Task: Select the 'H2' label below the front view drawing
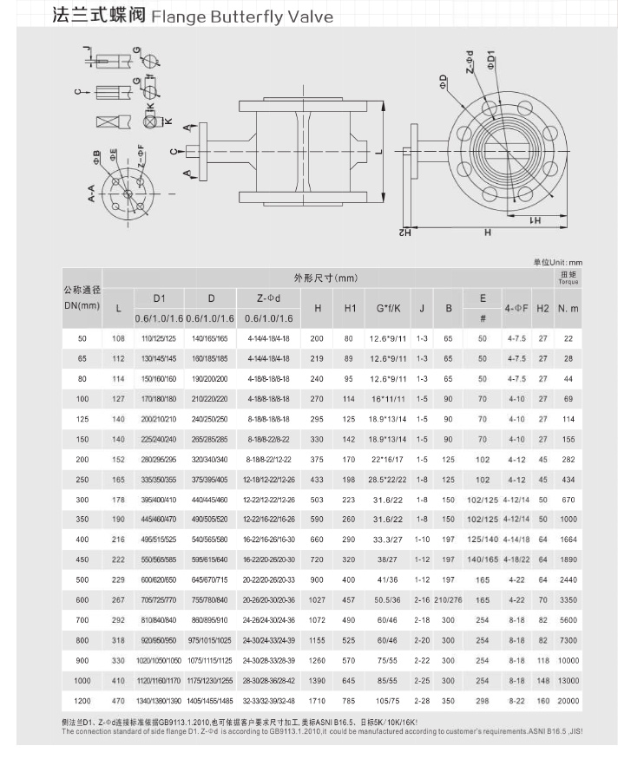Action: point(404,232)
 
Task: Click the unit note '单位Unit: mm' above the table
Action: point(558,261)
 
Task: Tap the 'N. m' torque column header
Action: point(568,308)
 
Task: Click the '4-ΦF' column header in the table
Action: point(517,308)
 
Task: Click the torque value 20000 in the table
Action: point(568,701)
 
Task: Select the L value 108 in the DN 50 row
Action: point(119,337)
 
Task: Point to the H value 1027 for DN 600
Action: point(318,599)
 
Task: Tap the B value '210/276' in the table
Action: point(448,599)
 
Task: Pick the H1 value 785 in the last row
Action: point(349,701)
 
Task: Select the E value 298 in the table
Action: point(483,701)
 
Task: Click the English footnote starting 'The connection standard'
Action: point(321,731)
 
